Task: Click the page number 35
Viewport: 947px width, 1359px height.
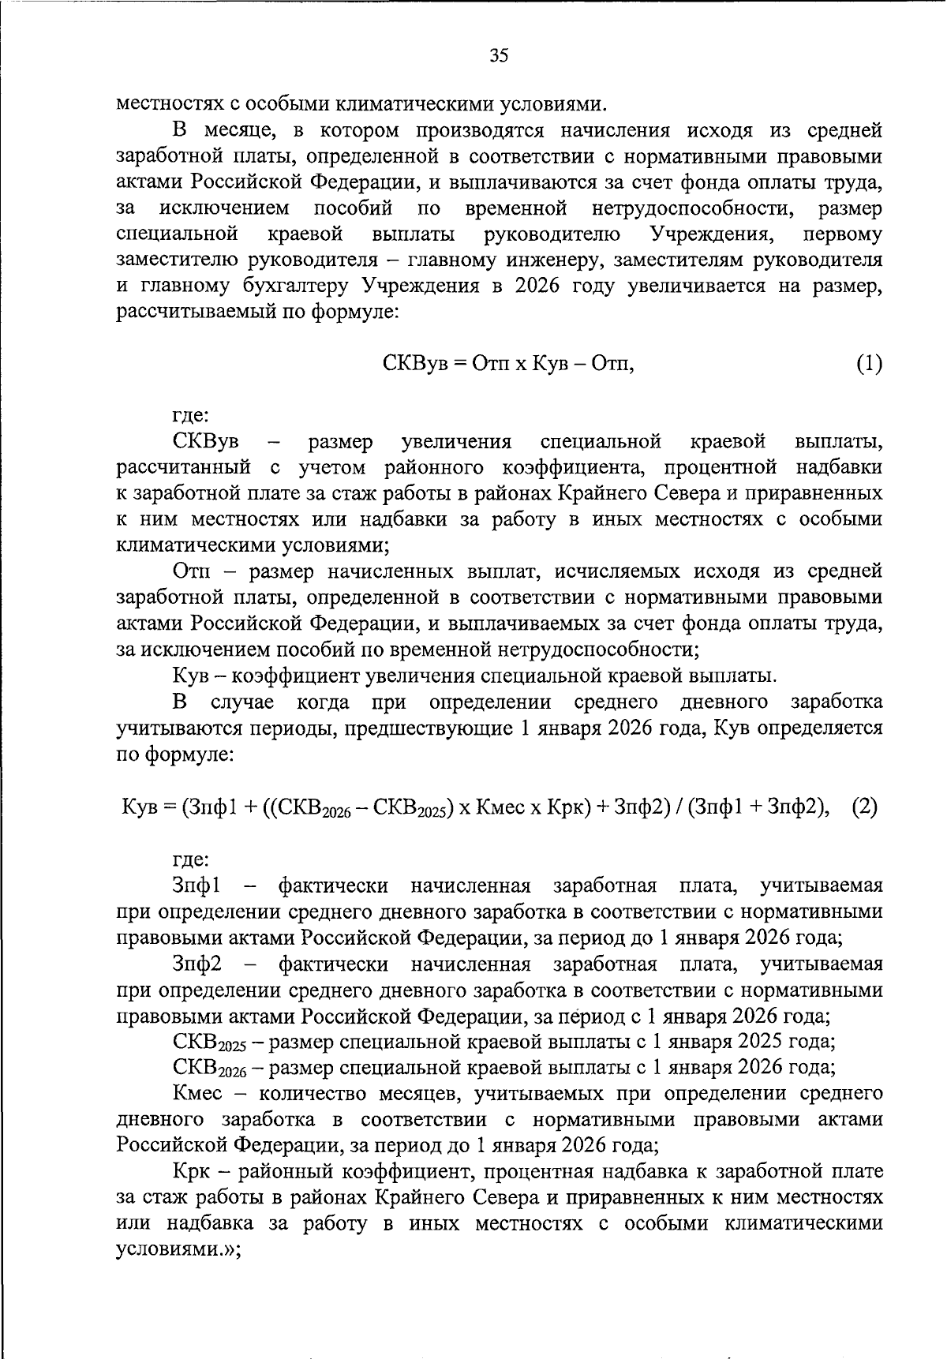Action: coord(499,55)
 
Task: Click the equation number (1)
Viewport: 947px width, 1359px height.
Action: coord(868,364)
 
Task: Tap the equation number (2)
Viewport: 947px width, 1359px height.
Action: coord(865,807)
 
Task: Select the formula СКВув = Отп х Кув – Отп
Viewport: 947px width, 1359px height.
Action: coord(508,364)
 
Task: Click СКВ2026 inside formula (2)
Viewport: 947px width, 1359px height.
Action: coord(316,808)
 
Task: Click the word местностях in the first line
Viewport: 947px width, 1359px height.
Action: coord(167,104)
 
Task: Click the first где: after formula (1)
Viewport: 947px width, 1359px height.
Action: coord(190,415)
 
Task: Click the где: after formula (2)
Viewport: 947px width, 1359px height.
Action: coord(190,859)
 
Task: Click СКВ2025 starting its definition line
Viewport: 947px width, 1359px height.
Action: coord(209,1043)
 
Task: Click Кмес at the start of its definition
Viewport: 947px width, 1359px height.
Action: coord(197,1094)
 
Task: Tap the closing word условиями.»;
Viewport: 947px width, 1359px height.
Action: coord(178,1249)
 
